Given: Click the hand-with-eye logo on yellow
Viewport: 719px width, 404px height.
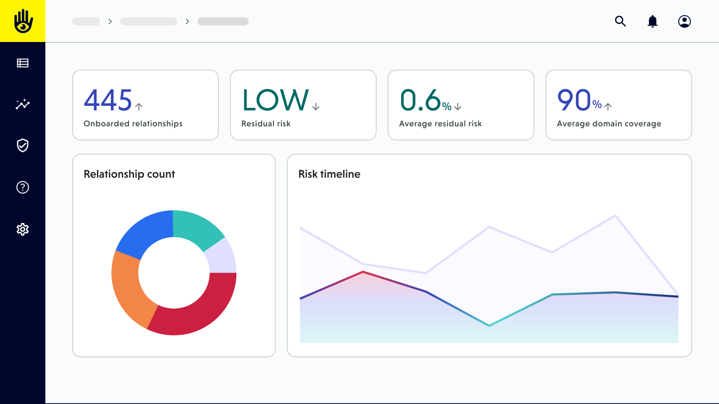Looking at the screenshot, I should (23, 21).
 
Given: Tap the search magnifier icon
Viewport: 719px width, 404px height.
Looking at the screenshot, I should (620, 21).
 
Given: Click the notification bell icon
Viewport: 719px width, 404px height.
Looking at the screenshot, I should (652, 21).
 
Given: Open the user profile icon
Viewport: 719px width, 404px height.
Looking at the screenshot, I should (684, 21).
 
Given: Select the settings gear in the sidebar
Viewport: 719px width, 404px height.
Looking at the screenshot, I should (23, 229).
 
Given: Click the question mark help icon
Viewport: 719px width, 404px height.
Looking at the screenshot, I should (23, 187).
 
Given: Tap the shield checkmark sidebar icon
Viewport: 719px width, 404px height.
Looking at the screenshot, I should (23, 145).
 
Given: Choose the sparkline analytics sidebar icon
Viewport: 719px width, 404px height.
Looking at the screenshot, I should (23, 104).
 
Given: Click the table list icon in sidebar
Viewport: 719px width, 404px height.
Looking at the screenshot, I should (23, 63).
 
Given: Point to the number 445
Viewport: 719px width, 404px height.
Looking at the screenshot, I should (108, 100).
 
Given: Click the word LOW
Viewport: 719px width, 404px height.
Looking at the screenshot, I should (276, 100).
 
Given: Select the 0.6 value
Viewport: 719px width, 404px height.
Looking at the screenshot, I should (420, 100).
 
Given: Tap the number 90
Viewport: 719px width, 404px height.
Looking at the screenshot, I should (574, 100).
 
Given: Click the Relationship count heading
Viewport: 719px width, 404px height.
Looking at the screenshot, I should (129, 174).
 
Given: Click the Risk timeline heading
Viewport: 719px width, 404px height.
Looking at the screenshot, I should (329, 174).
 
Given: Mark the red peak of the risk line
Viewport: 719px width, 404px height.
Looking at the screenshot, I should (363, 272).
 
